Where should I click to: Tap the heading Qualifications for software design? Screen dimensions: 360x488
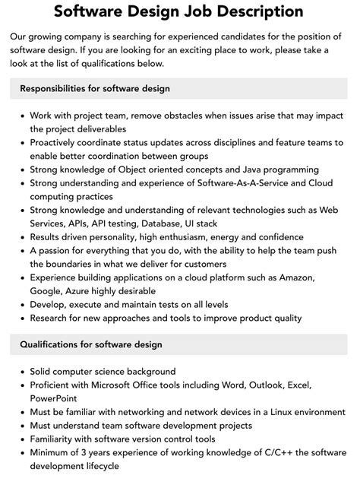point(91,344)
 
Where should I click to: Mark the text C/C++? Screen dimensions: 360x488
point(254,453)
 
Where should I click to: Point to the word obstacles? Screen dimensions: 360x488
point(169,116)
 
